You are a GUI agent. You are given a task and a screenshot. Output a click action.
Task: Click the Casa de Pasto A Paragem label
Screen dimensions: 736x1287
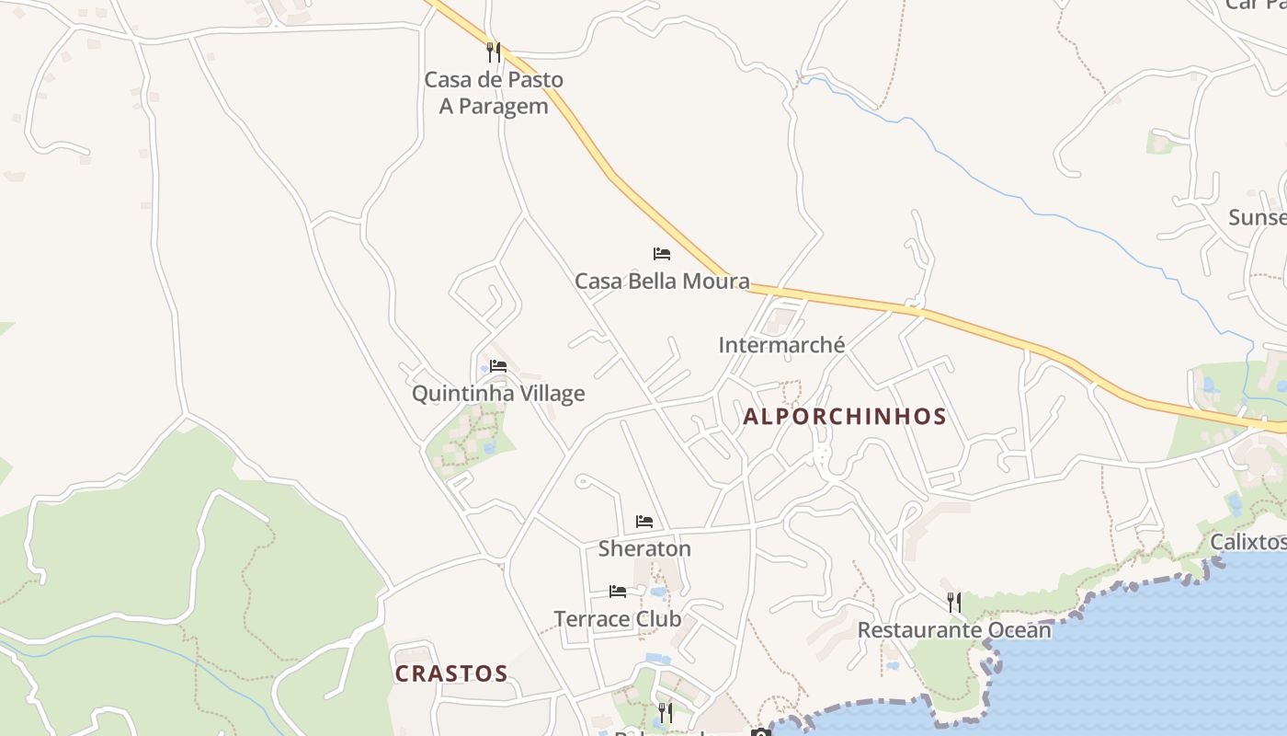pyautogui.click(x=494, y=93)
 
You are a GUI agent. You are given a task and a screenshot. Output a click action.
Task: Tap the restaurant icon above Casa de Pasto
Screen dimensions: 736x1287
pyautogui.click(x=494, y=52)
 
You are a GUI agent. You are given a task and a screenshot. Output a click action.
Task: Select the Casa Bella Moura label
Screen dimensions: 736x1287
pyautogui.click(x=662, y=281)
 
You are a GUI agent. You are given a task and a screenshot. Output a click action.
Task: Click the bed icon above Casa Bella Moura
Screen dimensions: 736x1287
pyautogui.click(x=662, y=253)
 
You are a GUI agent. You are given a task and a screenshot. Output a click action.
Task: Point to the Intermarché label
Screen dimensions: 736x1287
pyautogui.click(x=781, y=345)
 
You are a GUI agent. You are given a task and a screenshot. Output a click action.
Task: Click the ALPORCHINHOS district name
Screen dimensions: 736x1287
pyautogui.click(x=845, y=417)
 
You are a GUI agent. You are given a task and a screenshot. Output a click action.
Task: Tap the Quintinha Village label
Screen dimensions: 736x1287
pyautogui.click(x=498, y=394)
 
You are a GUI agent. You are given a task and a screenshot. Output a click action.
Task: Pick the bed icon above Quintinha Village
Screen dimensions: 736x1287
pyautogui.click(x=498, y=365)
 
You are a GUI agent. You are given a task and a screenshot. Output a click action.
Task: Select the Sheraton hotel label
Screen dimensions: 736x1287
pyautogui.click(x=644, y=549)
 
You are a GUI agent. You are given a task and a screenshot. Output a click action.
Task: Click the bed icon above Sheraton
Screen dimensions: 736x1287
pyautogui.click(x=644, y=521)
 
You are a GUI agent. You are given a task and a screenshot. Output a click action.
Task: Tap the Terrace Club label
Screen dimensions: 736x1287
pyautogui.click(x=618, y=619)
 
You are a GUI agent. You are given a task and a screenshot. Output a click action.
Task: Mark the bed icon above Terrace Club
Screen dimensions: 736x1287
pyautogui.click(x=618, y=591)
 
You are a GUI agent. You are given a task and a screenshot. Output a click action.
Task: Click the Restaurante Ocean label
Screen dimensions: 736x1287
pyautogui.click(x=954, y=630)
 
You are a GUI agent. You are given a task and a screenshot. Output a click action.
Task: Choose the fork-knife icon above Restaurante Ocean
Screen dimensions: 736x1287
pyautogui.click(x=954, y=603)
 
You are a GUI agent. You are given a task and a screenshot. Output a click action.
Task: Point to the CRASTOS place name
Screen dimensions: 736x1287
pyautogui.click(x=451, y=673)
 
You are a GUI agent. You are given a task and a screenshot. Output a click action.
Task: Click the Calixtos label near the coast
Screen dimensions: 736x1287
pyautogui.click(x=1247, y=541)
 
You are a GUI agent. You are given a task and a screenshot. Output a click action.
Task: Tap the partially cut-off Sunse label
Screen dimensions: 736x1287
pyautogui.click(x=1257, y=218)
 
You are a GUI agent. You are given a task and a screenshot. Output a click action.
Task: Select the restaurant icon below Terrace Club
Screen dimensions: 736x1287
pyautogui.click(x=665, y=712)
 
